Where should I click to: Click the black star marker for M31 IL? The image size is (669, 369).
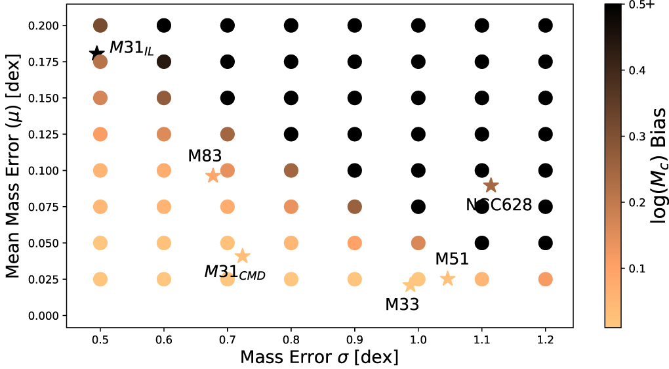tap(97, 53)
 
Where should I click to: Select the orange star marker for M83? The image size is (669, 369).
tap(213, 175)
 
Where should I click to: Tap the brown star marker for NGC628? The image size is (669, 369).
tap(491, 186)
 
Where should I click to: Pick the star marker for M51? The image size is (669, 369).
tap(447, 278)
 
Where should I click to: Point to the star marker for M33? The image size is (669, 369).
tap(411, 285)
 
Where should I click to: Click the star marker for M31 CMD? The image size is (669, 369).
tap(242, 256)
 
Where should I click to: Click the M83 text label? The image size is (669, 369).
tap(205, 156)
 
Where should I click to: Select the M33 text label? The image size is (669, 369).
tap(402, 304)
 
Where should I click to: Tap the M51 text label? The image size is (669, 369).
tap(452, 259)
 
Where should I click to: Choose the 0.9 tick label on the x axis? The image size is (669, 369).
tap(355, 340)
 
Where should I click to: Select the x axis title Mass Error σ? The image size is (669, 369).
tap(319, 357)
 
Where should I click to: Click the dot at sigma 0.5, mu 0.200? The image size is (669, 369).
tap(100, 26)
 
